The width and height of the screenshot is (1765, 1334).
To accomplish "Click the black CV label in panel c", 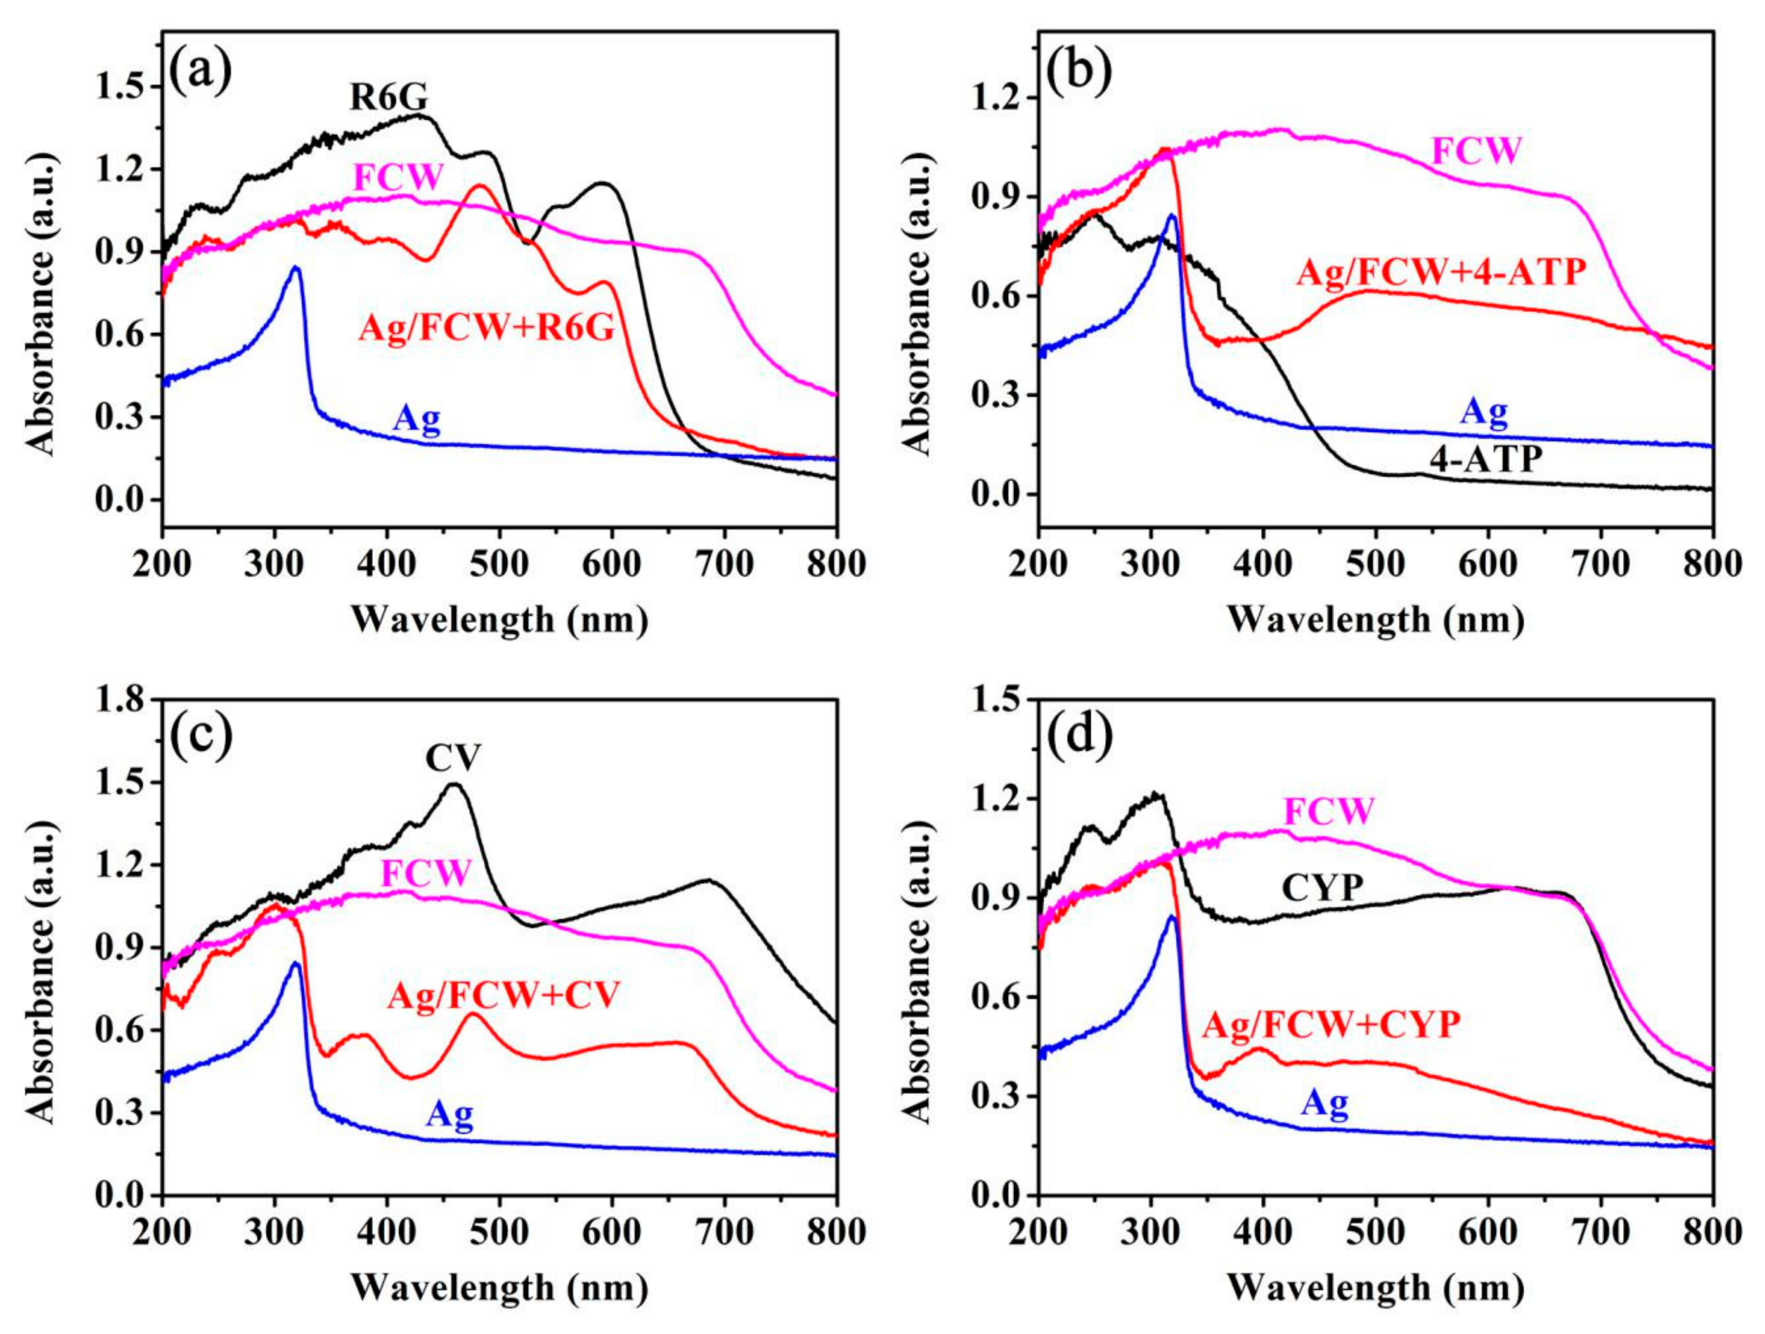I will tap(453, 758).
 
